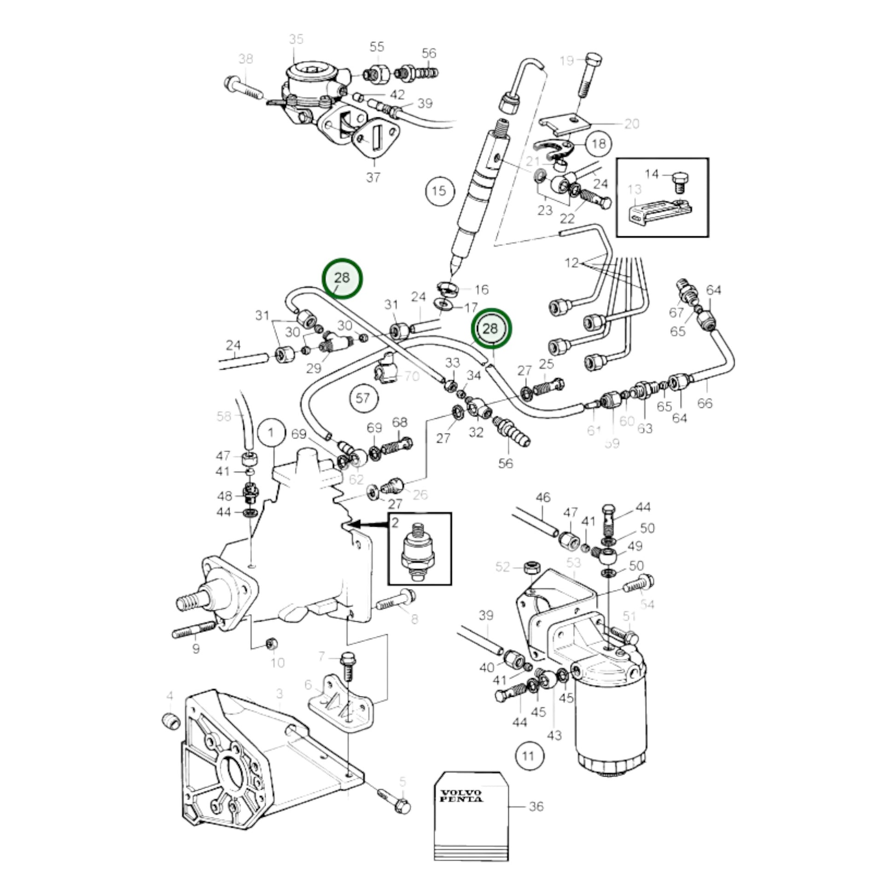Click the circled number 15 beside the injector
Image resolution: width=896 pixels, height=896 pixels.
pyautogui.click(x=439, y=191)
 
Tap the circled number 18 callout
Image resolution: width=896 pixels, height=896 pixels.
pyautogui.click(x=598, y=144)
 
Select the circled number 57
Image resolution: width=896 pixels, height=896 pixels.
pyautogui.click(x=363, y=398)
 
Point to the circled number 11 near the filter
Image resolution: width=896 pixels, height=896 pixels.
pyautogui.click(x=528, y=756)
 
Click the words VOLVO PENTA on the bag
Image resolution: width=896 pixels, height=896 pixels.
pyautogui.click(x=461, y=796)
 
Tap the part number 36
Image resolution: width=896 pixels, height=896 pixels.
pyautogui.click(x=535, y=807)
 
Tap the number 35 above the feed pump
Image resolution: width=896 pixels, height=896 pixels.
pyautogui.click(x=296, y=40)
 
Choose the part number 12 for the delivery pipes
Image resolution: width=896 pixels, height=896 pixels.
pyautogui.click(x=572, y=263)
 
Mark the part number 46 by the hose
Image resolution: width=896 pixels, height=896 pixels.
pyautogui.click(x=542, y=498)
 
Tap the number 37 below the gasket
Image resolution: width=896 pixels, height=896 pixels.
pyautogui.click(x=373, y=177)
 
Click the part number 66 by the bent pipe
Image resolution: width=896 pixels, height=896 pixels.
pyautogui.click(x=704, y=403)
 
